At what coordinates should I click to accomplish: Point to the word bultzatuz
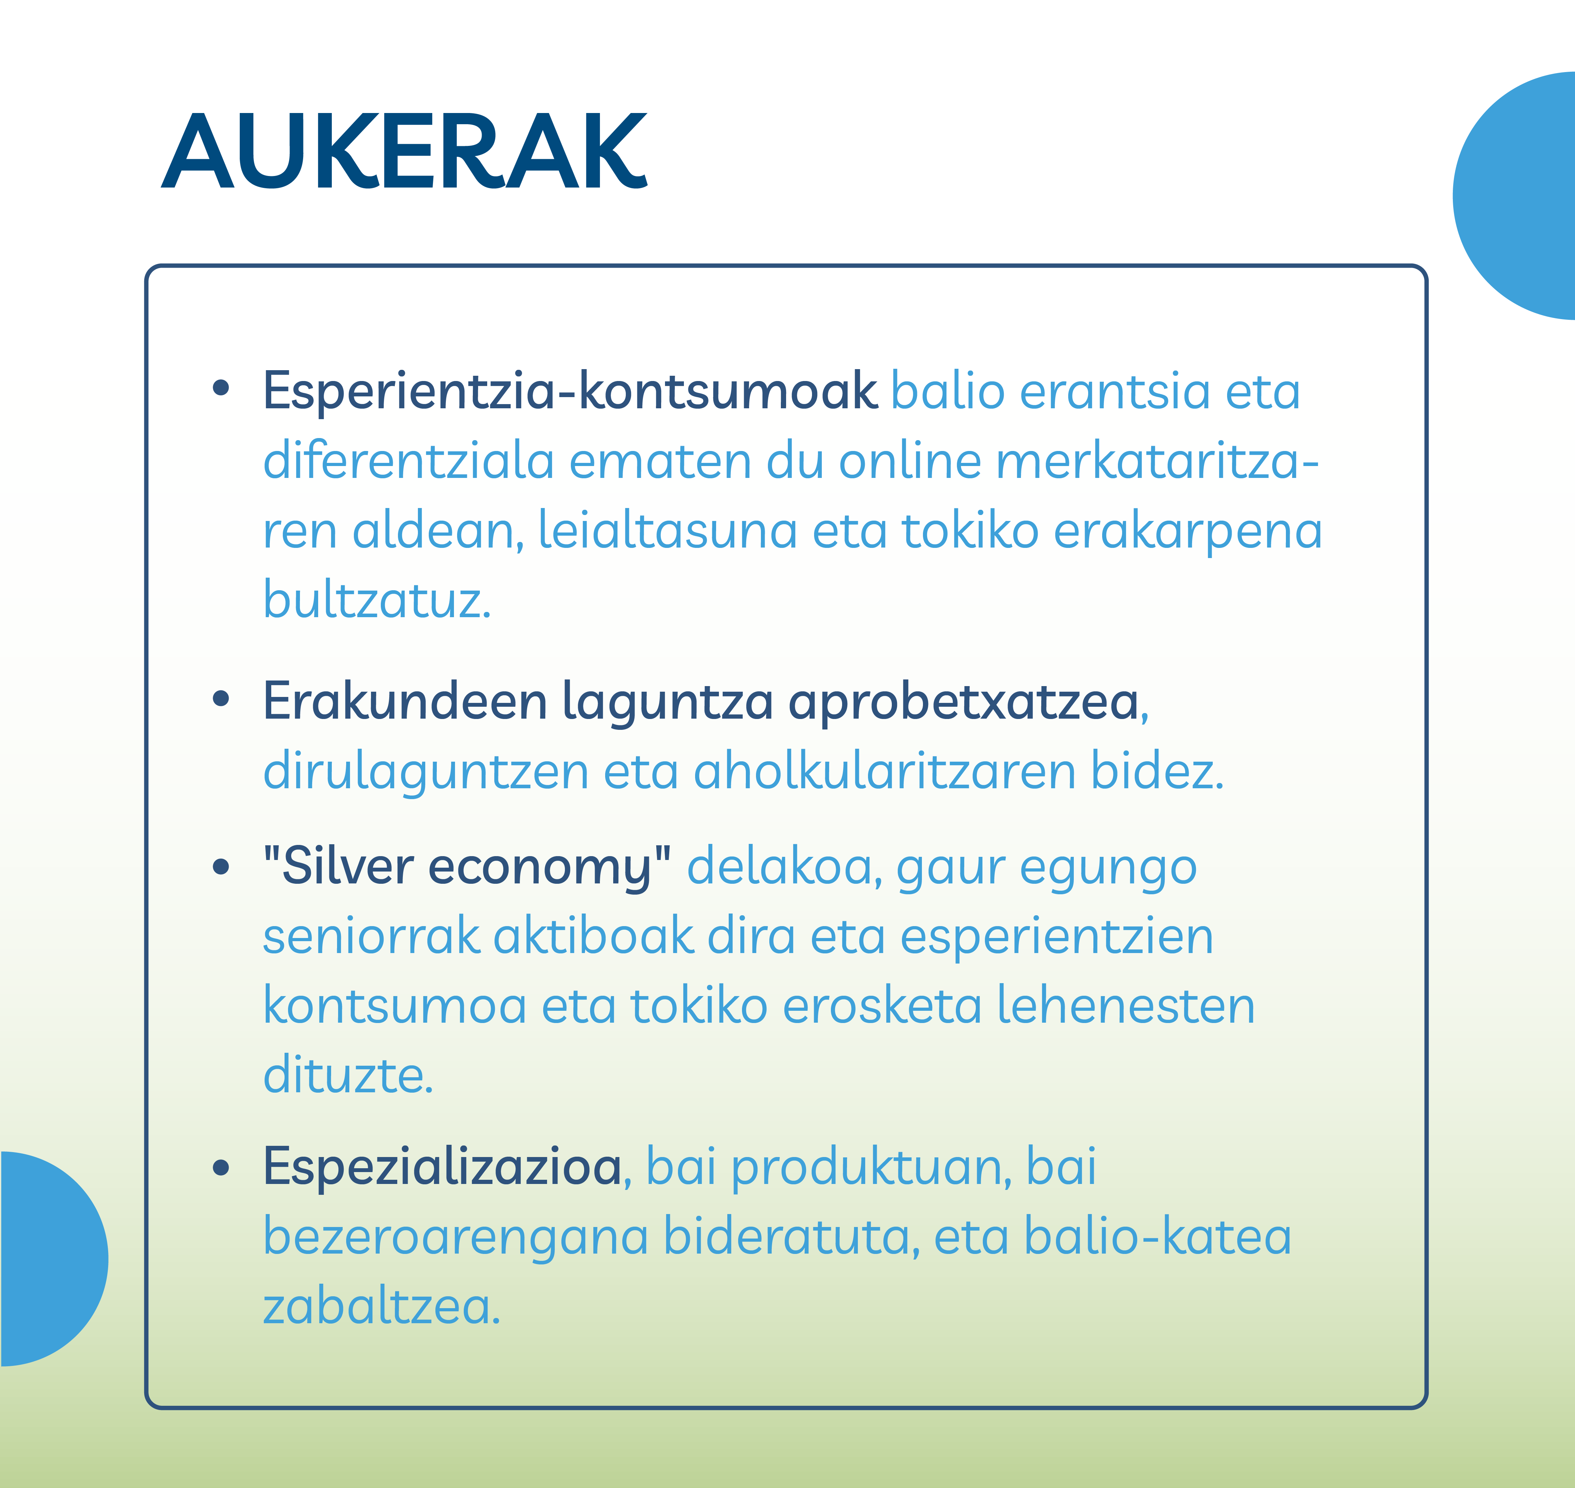[x=377, y=600]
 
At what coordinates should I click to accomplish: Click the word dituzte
[x=348, y=1076]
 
